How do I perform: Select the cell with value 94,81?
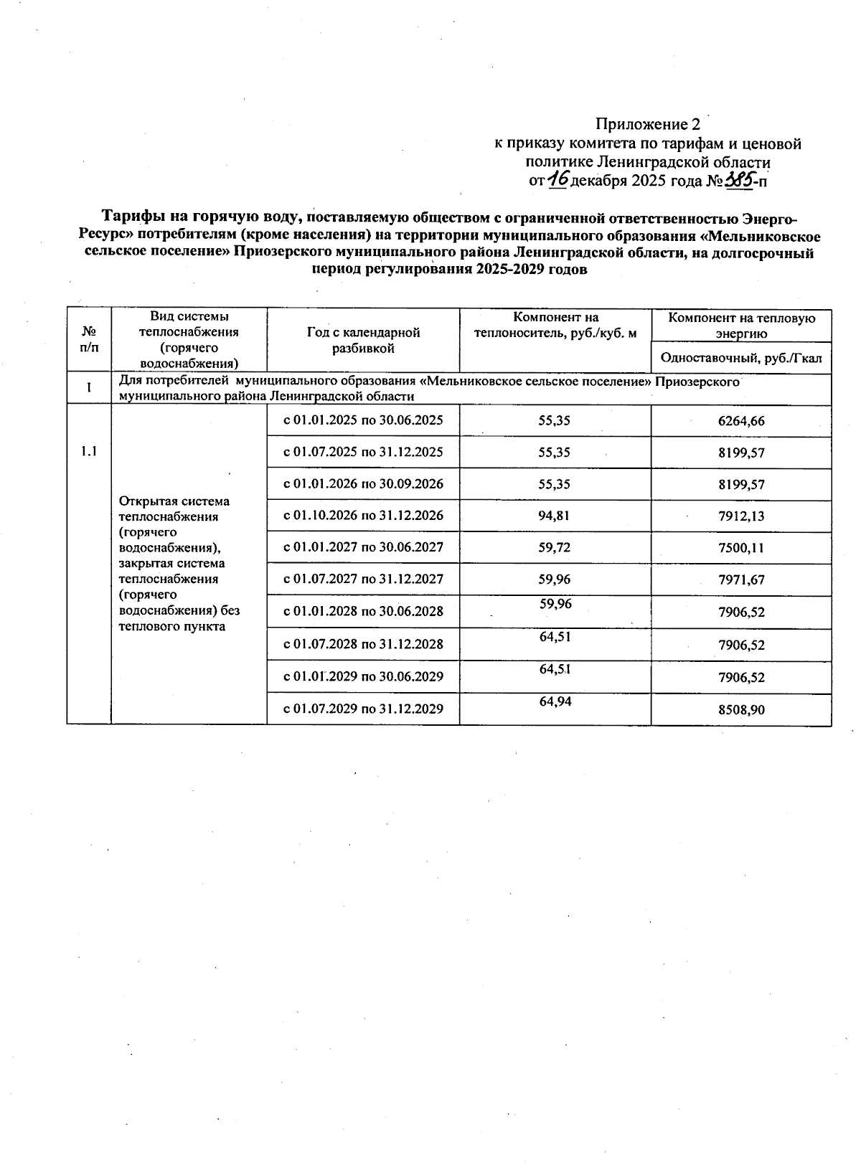coord(555,516)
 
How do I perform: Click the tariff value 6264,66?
coord(741,421)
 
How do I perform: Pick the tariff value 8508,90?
coord(741,709)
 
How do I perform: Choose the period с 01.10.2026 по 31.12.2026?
coord(363,516)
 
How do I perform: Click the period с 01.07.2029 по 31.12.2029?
coord(363,709)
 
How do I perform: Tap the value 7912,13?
coord(741,516)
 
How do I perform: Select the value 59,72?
coord(555,547)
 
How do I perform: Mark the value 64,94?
coord(555,701)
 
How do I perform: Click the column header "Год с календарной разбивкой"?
coord(363,340)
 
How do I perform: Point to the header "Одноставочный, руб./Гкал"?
coord(741,358)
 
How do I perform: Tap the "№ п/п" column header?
coord(89,340)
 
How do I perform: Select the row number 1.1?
coord(89,451)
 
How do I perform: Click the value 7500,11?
coord(741,548)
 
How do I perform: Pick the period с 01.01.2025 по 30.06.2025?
coord(363,420)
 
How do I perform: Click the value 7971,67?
coord(741,579)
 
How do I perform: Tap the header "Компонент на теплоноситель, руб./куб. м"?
coord(555,325)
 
